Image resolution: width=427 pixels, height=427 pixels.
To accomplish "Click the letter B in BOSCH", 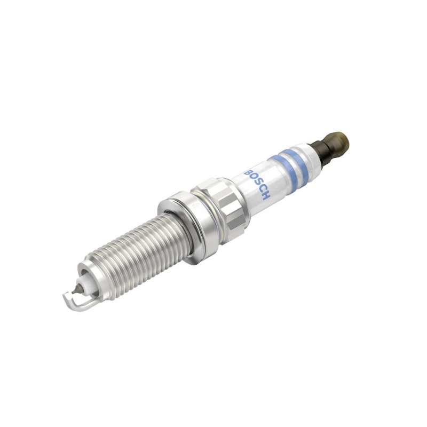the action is pyautogui.click(x=248, y=172).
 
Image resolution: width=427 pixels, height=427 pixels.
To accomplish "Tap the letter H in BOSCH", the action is pyautogui.click(x=265, y=196).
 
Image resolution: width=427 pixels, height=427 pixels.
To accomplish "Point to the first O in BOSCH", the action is pyautogui.click(x=252, y=178).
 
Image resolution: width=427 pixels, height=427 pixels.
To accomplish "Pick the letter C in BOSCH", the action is pyautogui.click(x=261, y=190).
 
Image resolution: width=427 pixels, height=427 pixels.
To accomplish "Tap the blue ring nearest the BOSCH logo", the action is pyautogui.click(x=281, y=169).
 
